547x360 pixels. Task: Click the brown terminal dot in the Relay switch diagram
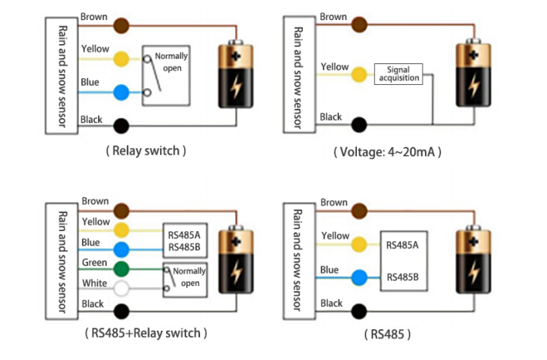tap(120, 25)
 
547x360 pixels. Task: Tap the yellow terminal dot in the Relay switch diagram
tap(120, 59)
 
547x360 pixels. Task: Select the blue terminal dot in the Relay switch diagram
tap(120, 93)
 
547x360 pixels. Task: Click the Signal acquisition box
tap(398, 73)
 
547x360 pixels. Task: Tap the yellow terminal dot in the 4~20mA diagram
tap(358, 75)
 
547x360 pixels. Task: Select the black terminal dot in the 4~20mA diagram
tap(358, 124)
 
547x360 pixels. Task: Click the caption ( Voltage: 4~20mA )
tap(387, 152)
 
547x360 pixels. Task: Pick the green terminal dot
tap(120, 270)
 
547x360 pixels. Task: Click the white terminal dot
tap(120, 290)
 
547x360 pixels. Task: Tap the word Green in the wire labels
tap(94, 263)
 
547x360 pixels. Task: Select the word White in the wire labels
tap(94, 284)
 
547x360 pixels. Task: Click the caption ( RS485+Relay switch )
tap(145, 333)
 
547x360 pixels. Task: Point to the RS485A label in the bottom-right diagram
tap(403, 246)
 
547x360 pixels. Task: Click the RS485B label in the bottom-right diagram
tap(403, 277)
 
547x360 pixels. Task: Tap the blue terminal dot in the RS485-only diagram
tap(358, 277)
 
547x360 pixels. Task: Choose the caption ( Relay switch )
tap(145, 151)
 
